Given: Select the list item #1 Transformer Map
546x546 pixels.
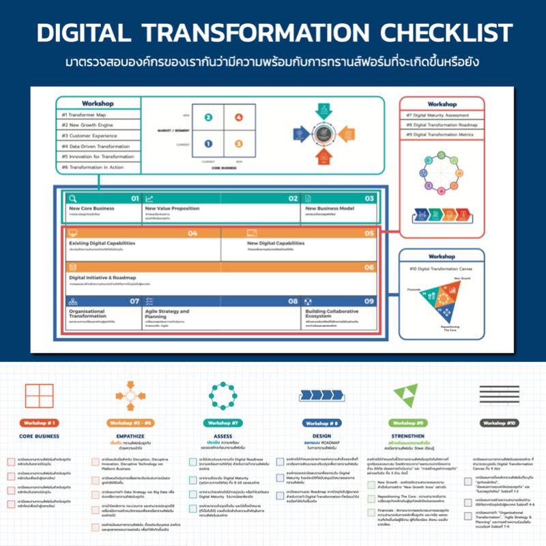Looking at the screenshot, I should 84,115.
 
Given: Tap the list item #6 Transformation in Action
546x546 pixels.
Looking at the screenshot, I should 92,167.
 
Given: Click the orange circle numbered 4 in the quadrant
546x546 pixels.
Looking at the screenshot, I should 238,117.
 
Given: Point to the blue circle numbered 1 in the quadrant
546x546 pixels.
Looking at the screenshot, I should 209,143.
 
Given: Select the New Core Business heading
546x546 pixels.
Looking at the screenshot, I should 92,208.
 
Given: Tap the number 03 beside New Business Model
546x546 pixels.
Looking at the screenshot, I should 369,198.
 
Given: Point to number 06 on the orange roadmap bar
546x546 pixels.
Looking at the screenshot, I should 369,268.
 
